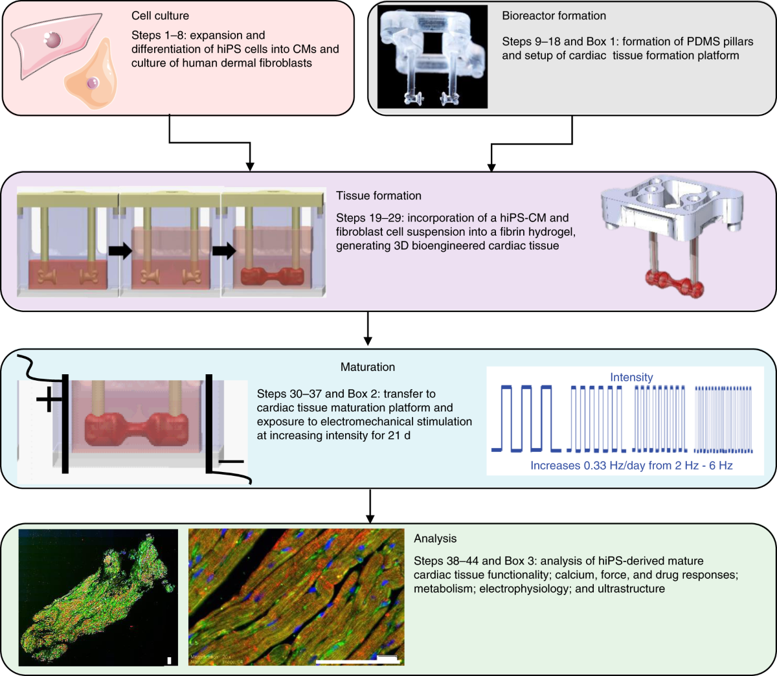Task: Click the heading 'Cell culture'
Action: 160,16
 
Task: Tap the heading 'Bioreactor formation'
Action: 554,16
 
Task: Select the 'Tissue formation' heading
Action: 378,196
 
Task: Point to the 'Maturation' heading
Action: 368,367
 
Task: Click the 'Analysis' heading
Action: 435,539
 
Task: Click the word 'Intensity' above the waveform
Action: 631,377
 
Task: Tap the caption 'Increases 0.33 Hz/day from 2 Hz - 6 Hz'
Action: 631,466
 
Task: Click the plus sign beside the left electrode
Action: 49,400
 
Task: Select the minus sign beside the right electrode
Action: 231,462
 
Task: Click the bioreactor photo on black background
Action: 432,57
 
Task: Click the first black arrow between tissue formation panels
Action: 120,251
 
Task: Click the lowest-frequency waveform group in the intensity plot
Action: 525,418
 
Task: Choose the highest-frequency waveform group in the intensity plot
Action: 723,418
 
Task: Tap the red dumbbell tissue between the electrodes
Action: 137,431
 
